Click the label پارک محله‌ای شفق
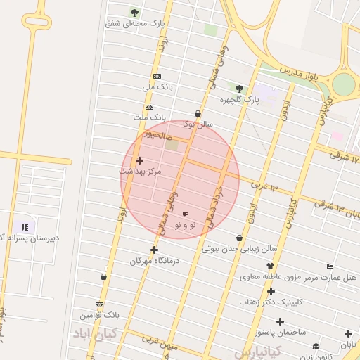tap(135, 23)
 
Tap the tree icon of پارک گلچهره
tap(240, 89)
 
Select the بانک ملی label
tap(157, 87)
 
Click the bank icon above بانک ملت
tap(148, 107)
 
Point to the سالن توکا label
tap(198, 124)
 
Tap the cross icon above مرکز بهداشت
tap(139, 160)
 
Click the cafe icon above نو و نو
tap(185, 214)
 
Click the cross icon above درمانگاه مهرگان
tap(154, 250)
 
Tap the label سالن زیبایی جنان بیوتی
tap(240, 248)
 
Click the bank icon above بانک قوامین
tap(99, 305)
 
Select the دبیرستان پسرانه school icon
tap(25, 227)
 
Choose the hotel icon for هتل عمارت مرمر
tap(330, 266)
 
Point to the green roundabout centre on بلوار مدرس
tap(343, 84)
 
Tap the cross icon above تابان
tap(348, 333)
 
